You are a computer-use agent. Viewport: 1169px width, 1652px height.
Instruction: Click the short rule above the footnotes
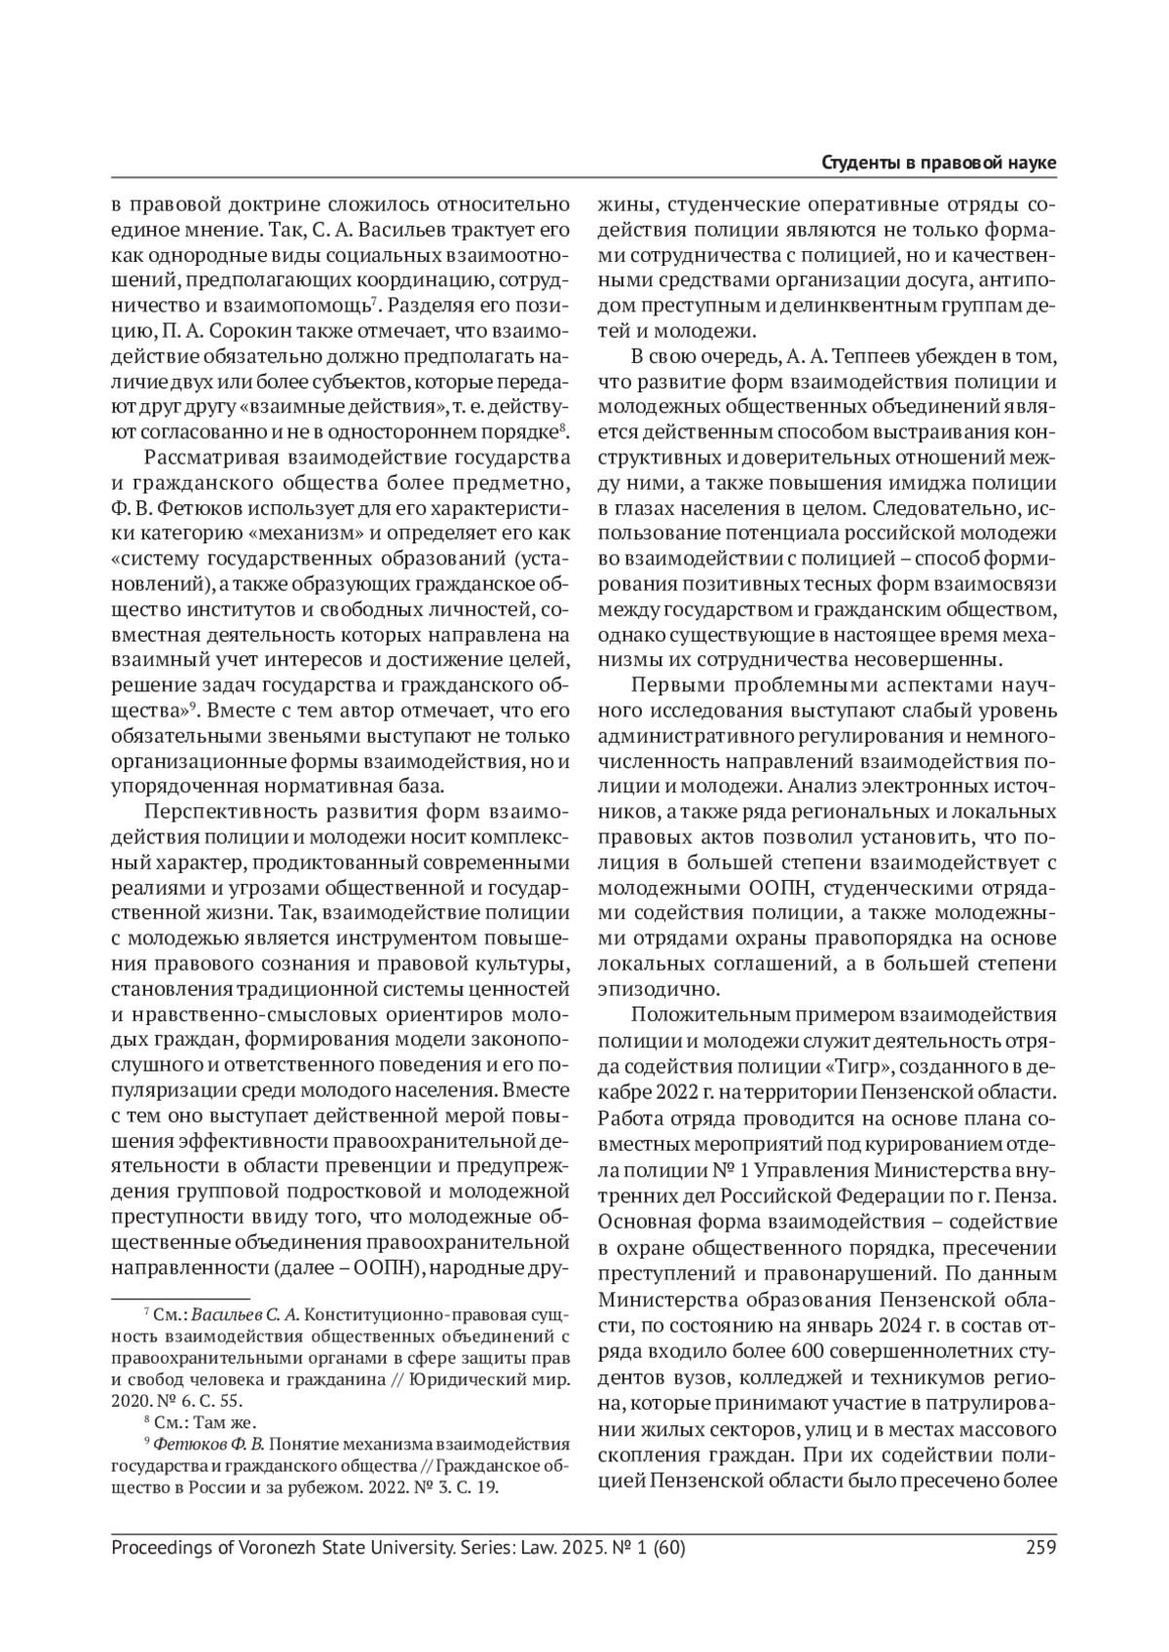(x=180, y=1299)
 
